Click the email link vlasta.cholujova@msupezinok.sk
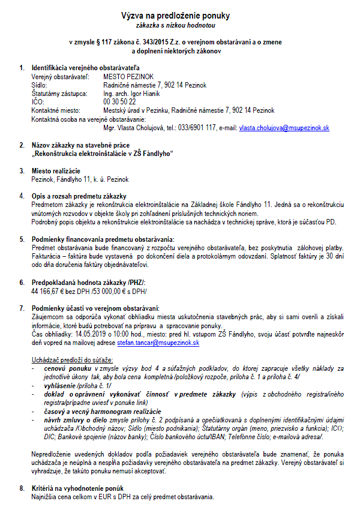(284, 128)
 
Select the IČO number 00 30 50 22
(119, 102)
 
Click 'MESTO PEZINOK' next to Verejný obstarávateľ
(128, 77)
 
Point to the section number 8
(22, 489)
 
